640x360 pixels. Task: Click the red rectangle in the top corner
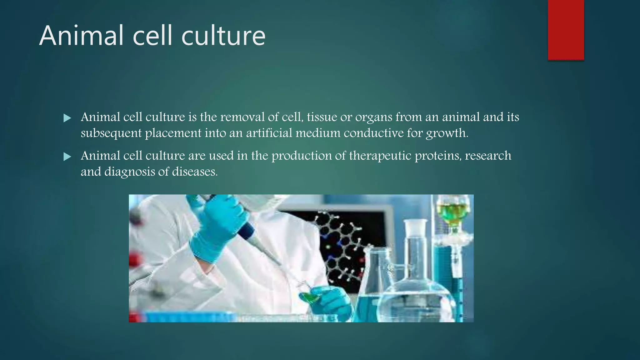pyautogui.click(x=566, y=30)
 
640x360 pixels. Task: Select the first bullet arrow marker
pyautogui.click(x=67, y=118)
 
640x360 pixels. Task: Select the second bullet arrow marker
pyautogui.click(x=67, y=157)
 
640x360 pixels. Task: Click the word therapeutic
pyautogui.click(x=380, y=156)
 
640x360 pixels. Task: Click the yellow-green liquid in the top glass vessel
pyautogui.click(x=452, y=213)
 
